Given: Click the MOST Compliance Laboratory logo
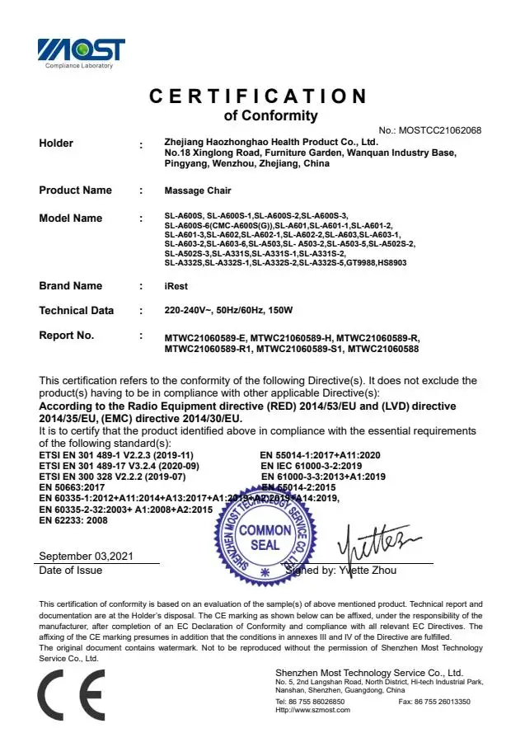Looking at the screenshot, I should (81, 52).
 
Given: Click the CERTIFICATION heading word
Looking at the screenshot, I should (258, 96).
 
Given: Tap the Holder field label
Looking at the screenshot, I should (56, 143).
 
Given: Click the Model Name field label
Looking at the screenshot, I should (71, 218).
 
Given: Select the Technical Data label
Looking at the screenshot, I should (77, 311).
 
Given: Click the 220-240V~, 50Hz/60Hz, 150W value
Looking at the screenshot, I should (228, 311).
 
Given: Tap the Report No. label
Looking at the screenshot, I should (67, 336).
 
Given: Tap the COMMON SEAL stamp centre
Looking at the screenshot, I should (265, 537).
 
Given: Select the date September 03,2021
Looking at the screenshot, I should (86, 557).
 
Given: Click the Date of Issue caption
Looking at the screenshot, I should (71, 571).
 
